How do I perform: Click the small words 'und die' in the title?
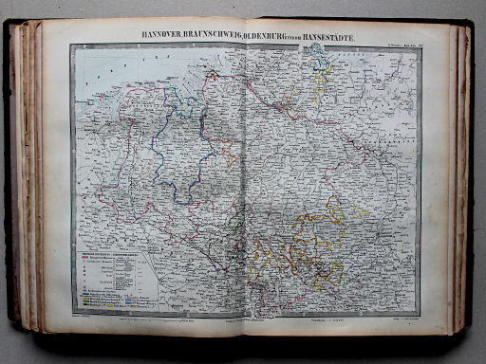(x=290, y=37)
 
